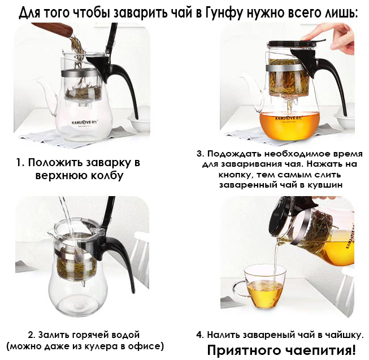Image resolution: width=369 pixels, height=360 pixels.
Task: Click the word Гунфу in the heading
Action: pyautogui.click(x=224, y=12)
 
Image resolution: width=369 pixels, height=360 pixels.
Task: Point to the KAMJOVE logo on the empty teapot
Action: pyautogui.click(x=84, y=123)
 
